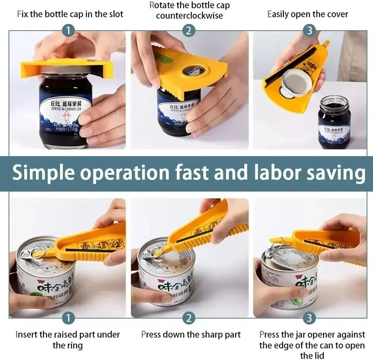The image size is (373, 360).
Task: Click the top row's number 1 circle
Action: pyautogui.click(x=68, y=30)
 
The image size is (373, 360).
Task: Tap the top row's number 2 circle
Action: pyautogui.click(x=189, y=30)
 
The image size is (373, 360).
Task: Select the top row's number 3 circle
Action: pyautogui.click(x=309, y=30)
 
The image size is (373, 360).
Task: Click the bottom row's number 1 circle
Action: pyautogui.click(x=68, y=318)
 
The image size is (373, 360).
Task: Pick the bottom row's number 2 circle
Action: pyautogui.click(x=189, y=318)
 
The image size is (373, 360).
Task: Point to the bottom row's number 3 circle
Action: pyautogui.click(x=309, y=318)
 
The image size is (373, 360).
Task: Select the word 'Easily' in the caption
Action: pyautogui.click(x=278, y=15)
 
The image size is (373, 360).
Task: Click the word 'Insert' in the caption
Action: pyautogui.click(x=26, y=335)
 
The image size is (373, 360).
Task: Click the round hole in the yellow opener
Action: pyautogui.click(x=192, y=71)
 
